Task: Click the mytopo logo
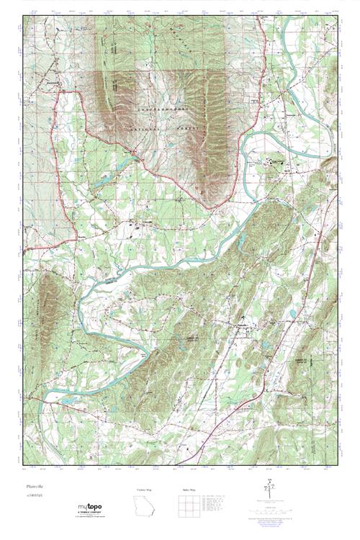[x=90, y=508]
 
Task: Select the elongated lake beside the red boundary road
[x=108, y=176]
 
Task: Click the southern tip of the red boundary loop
[x=210, y=209]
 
